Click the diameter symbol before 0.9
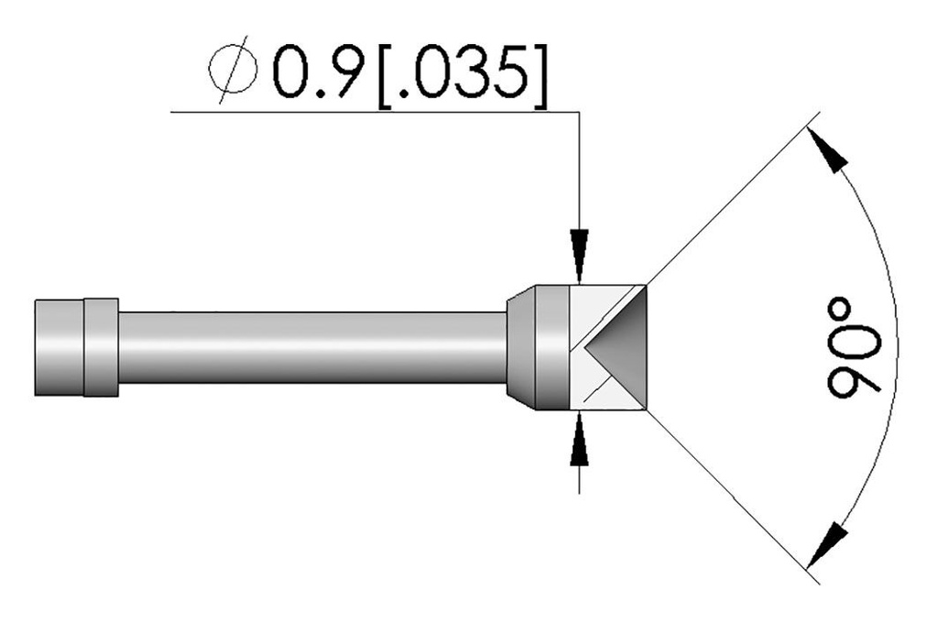point(234,73)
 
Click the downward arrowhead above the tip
point(579,253)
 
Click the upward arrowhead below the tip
point(579,444)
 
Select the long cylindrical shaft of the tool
point(311,346)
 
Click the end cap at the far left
point(59,346)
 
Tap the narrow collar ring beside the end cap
point(101,346)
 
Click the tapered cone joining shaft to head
point(520,346)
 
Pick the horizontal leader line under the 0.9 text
point(366,112)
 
